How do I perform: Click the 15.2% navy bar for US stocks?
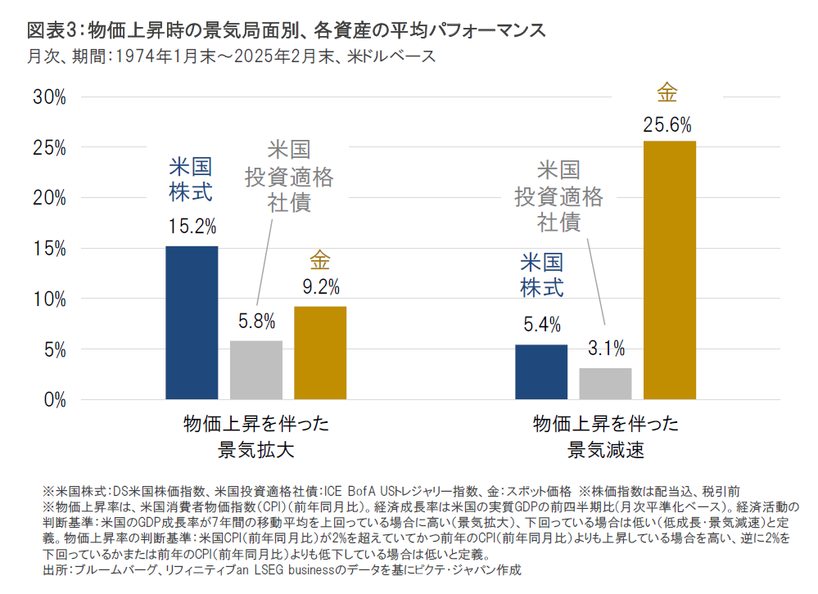click(x=192, y=322)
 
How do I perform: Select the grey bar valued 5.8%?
click(x=256, y=370)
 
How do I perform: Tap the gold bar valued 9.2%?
click(x=320, y=353)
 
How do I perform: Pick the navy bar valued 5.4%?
click(x=541, y=371)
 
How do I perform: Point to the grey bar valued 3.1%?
click(x=605, y=384)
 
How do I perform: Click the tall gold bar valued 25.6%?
click(x=669, y=270)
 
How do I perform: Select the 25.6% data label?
click(x=669, y=125)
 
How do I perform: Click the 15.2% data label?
click(x=192, y=227)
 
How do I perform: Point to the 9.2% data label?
click(x=320, y=286)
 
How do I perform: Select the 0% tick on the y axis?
click(x=53, y=400)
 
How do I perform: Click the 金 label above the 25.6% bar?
click(x=667, y=92)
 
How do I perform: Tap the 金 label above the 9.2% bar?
click(x=320, y=262)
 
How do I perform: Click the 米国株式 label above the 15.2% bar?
click(x=191, y=180)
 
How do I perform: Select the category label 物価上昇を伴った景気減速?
click(x=606, y=436)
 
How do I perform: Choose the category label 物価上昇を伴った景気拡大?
click(x=256, y=436)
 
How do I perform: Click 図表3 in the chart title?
click(x=50, y=31)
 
